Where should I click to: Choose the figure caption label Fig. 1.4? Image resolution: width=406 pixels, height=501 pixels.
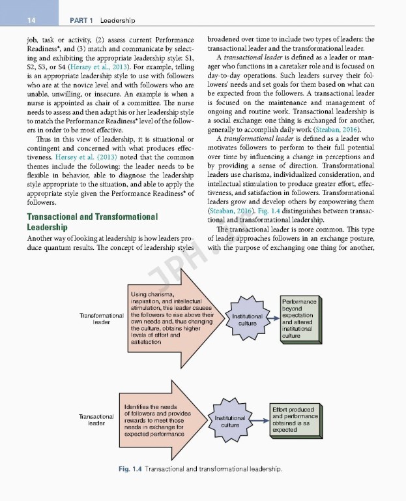130,468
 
